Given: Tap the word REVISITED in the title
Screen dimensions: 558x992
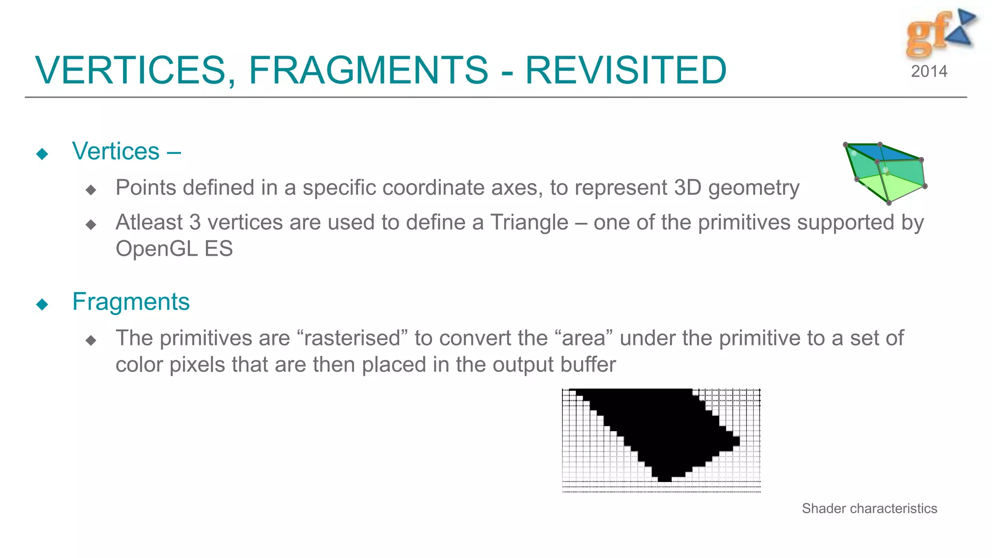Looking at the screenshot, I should [625, 70].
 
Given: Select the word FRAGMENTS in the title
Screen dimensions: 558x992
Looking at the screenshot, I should [368, 70].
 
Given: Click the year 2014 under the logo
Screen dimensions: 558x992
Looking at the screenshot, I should [929, 72].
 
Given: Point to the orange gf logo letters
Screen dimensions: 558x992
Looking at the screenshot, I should [926, 34].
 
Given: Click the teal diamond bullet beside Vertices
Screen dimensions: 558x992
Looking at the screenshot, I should [42, 154].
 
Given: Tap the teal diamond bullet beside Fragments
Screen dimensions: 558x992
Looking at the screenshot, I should [42, 304].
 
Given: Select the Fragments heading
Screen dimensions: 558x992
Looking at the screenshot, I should [131, 302].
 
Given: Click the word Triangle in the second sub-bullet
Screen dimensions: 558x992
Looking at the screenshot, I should [529, 223].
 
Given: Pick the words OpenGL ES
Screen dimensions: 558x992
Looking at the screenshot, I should [174, 249].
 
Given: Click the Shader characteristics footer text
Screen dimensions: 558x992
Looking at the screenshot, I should [869, 509].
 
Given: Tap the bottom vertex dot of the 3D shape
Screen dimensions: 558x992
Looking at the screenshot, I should [889, 203].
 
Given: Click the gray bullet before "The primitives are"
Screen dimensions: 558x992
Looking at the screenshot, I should [91, 341].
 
